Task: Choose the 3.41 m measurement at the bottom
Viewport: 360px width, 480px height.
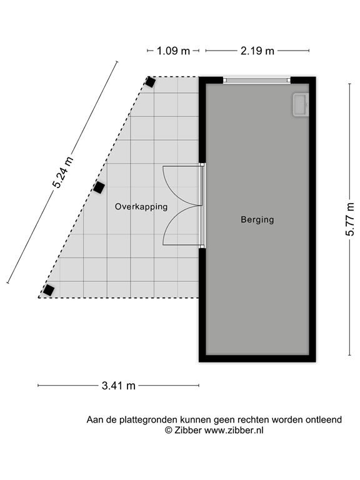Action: pos(119,386)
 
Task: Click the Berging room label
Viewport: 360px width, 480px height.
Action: pos(257,220)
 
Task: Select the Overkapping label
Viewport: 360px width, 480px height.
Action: pos(141,206)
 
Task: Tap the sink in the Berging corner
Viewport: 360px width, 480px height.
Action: pos(300,104)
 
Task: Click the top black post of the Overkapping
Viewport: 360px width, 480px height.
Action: pos(150,82)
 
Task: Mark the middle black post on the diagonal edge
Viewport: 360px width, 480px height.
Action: pos(99,187)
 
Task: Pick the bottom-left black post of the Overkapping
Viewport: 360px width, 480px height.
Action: pos(48,290)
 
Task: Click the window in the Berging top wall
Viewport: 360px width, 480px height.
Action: pos(257,80)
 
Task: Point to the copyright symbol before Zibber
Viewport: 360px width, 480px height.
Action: pos(168,430)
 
